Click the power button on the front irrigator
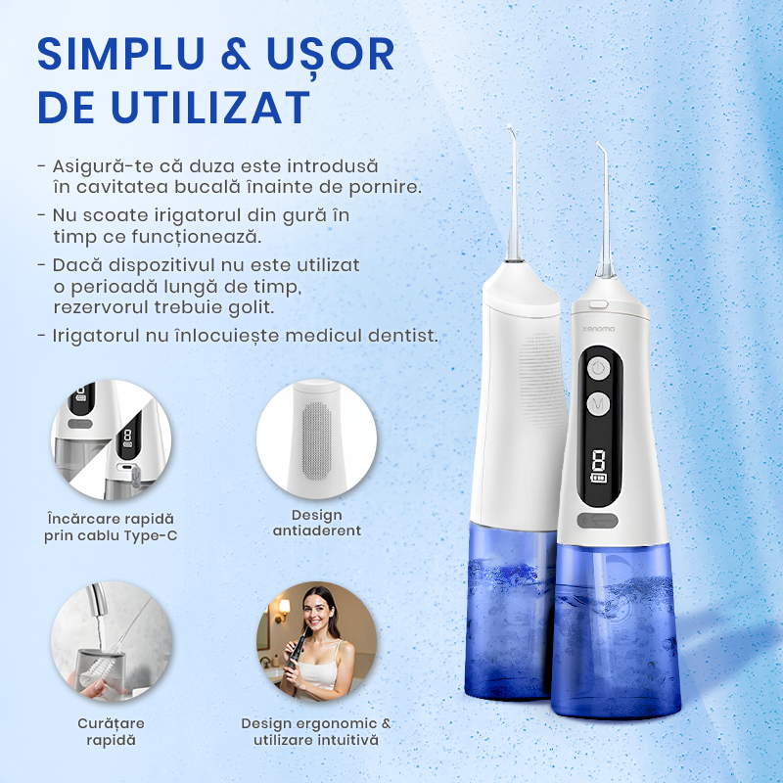[598, 370]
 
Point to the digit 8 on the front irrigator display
[598, 459]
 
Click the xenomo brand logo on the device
[599, 329]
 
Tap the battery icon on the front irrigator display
[598, 479]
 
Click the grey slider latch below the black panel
[597, 521]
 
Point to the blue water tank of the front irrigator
[616, 630]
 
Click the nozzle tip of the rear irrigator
[509, 128]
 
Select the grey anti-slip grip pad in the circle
[316, 441]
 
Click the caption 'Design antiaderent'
[316, 523]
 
